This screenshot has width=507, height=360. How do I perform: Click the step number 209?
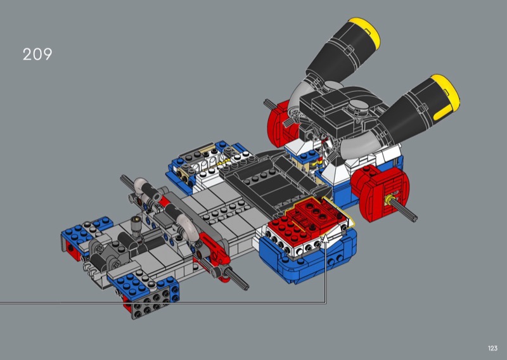[37, 55]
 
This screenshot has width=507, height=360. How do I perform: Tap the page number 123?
[492, 348]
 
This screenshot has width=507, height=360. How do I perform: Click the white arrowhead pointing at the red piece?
[326, 239]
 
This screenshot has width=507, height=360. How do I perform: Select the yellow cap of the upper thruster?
[365, 32]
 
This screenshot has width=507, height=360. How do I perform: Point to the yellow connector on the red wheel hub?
[388, 200]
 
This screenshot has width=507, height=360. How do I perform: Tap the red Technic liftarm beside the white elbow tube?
[214, 245]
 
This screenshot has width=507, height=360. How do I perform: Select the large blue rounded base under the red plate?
[307, 259]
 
